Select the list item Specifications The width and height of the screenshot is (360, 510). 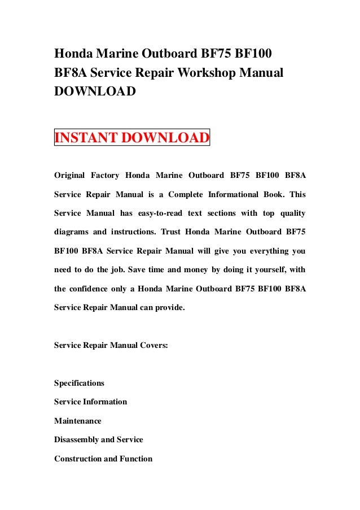[79, 383]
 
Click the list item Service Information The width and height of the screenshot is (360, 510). [90, 402]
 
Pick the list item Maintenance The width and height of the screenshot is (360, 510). [77, 421]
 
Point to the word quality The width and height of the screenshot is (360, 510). [291, 213]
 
